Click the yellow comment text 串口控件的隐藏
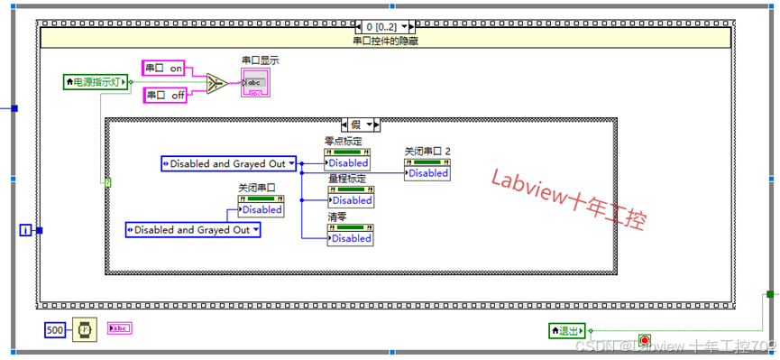coord(385,40)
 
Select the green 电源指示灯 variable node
coord(96,82)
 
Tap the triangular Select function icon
coord(217,84)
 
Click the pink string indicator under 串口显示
coord(254,84)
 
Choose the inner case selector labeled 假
coord(361,124)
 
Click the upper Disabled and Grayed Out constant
coord(227,163)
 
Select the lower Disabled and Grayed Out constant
coord(192,230)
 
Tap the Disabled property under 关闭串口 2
coord(427,173)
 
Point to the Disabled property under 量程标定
coord(350,200)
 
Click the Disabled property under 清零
coord(350,238)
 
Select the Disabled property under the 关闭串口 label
coord(261,209)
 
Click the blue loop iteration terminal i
coord(24,231)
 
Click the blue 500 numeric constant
coord(55,331)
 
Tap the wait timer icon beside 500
coord(83,331)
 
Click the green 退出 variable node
coord(567,331)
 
